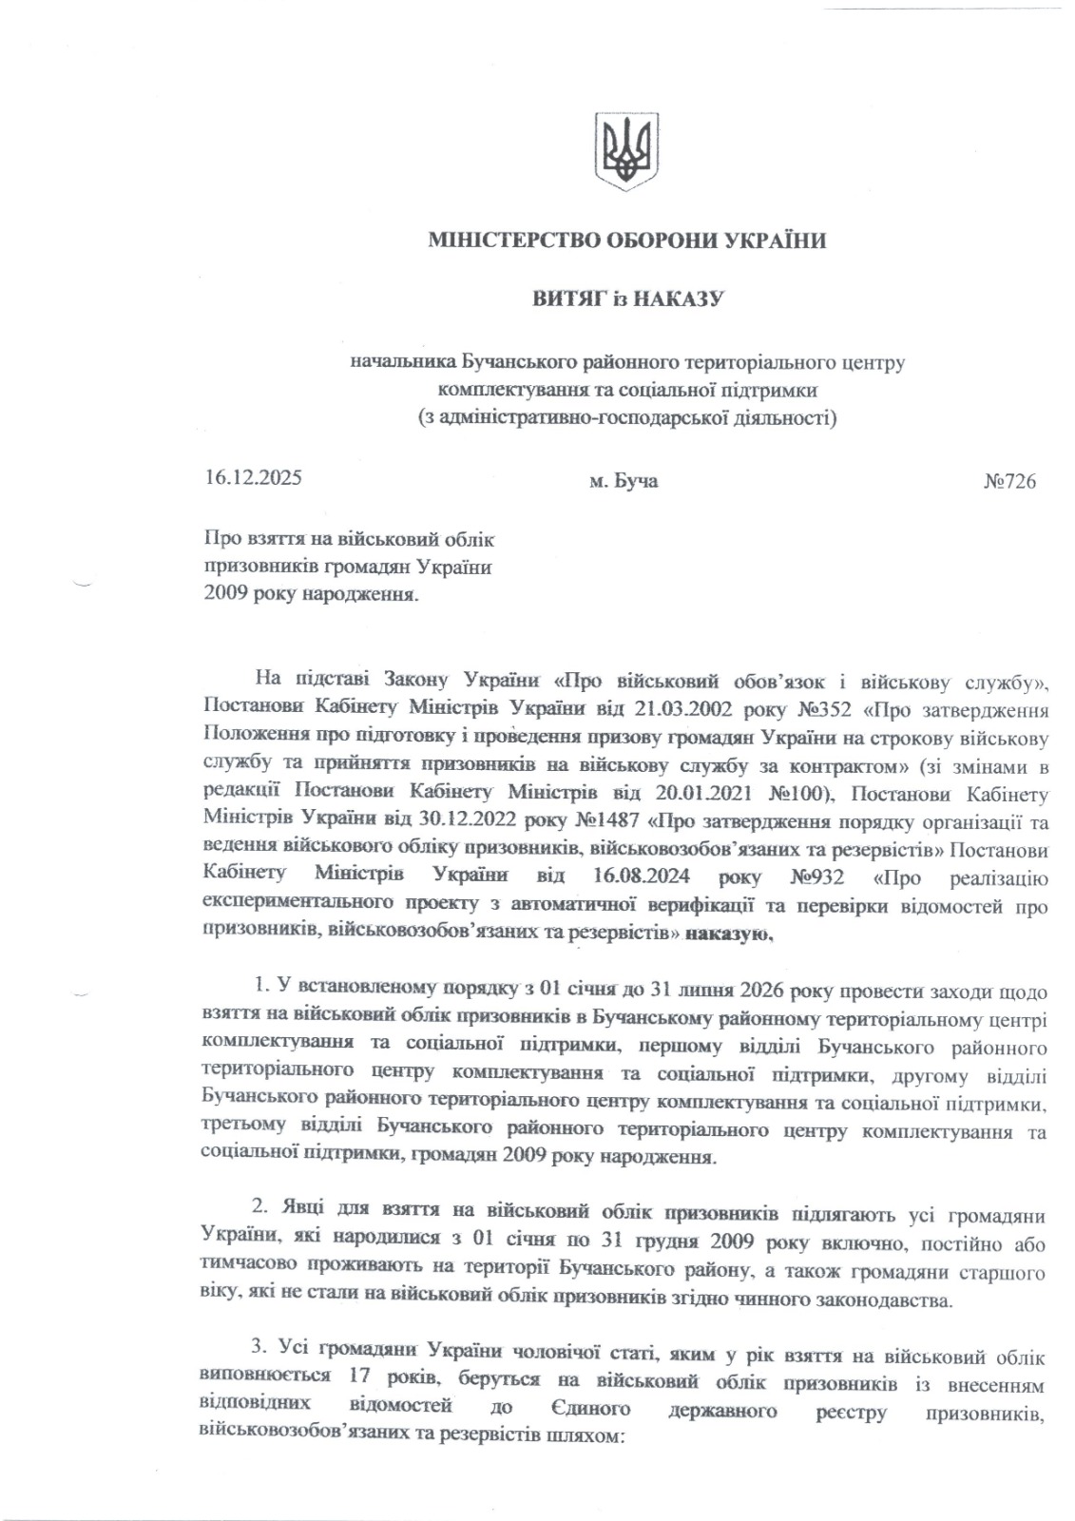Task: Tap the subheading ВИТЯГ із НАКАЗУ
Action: [627, 299]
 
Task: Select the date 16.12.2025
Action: [253, 477]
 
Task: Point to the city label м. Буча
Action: [624, 481]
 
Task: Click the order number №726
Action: [1008, 481]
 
